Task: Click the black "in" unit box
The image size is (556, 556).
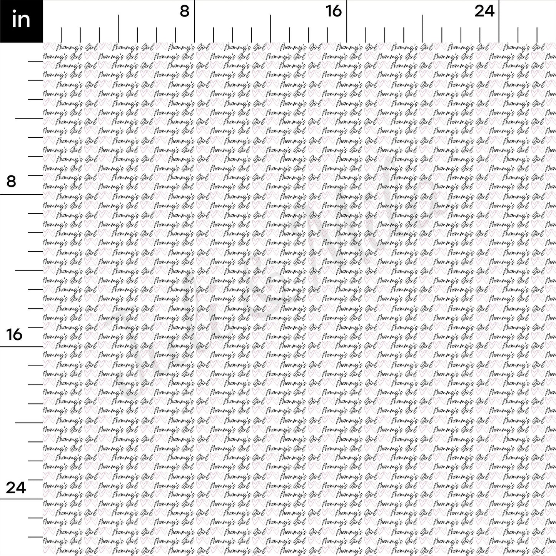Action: click(21, 21)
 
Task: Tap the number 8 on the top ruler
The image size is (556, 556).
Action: click(185, 12)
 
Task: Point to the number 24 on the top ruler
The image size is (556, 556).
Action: click(484, 12)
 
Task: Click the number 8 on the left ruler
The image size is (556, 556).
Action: click(11, 181)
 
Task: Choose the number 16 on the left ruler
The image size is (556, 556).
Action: click(15, 334)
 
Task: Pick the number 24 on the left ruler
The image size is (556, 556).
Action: click(15, 488)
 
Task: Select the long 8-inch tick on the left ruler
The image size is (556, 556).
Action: click(21, 194)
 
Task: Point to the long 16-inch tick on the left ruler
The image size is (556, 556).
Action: click(21, 347)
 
